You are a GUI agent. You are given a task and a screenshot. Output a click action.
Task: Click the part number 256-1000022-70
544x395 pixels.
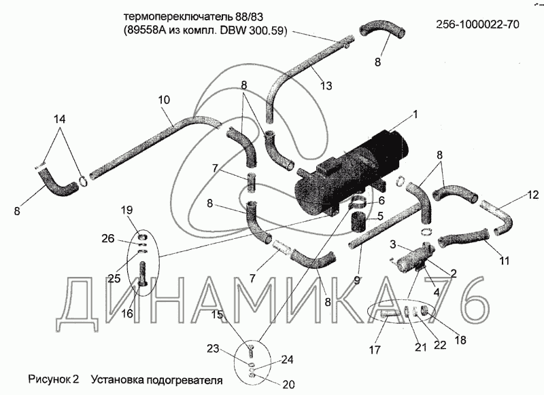pyautogui.click(x=477, y=24)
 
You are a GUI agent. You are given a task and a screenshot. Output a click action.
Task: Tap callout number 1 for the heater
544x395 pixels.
pyautogui.click(x=415, y=114)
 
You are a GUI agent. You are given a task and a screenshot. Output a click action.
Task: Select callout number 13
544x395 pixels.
pyautogui.click(x=326, y=85)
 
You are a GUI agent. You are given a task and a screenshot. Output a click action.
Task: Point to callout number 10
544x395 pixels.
pyautogui.click(x=164, y=100)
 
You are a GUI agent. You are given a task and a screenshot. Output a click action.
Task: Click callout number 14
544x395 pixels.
pyautogui.click(x=59, y=119)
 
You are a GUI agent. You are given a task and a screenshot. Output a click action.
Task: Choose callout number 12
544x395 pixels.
pyautogui.click(x=533, y=195)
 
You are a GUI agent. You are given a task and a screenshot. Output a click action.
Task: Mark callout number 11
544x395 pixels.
pyautogui.click(x=504, y=261)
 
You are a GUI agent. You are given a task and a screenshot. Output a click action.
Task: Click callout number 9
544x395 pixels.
pyautogui.click(x=357, y=280)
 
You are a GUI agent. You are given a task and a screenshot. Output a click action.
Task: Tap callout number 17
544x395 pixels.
pyautogui.click(x=375, y=350)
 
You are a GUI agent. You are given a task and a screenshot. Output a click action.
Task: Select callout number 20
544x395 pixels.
pyautogui.click(x=288, y=385)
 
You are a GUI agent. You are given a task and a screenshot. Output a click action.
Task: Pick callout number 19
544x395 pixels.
pyautogui.click(x=127, y=210)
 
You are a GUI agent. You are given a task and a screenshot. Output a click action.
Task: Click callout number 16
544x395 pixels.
pyautogui.click(x=127, y=314)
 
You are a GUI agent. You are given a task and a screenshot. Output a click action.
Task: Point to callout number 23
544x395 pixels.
pyautogui.click(x=213, y=348)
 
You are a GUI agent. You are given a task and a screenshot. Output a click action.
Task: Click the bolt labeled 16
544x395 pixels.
pyautogui.click(x=143, y=274)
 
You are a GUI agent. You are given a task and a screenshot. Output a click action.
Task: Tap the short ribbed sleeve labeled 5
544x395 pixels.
pyautogui.click(x=359, y=222)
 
